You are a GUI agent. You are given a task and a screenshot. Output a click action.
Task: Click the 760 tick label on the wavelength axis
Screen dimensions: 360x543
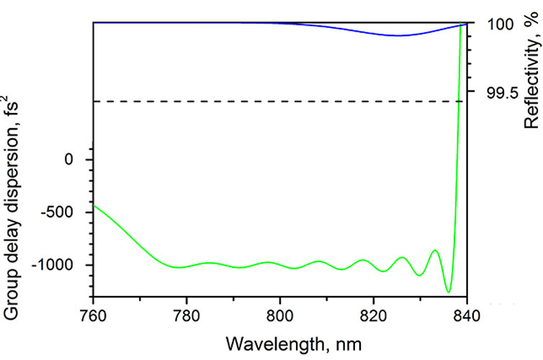pyautogui.click(x=94, y=313)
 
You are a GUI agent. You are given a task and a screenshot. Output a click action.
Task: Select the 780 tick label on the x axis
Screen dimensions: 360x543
pyautogui.click(x=187, y=313)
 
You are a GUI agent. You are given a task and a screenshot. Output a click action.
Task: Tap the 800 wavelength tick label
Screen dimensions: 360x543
pyautogui.click(x=280, y=313)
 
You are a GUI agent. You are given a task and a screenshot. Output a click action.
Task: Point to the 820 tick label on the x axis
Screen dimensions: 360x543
pyautogui.click(x=374, y=313)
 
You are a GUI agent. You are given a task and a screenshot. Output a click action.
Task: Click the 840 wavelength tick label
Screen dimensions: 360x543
pyautogui.click(x=467, y=313)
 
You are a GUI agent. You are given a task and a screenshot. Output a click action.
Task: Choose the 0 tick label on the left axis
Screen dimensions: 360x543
pyautogui.click(x=69, y=159)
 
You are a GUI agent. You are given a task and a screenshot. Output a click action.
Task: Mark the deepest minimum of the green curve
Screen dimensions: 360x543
pyautogui.click(x=449, y=292)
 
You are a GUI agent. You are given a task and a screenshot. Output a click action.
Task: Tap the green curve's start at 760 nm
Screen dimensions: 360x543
pyautogui.click(x=94, y=206)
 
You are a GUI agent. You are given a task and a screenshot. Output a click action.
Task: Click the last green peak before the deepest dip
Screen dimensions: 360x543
pyautogui.click(x=435, y=250)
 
